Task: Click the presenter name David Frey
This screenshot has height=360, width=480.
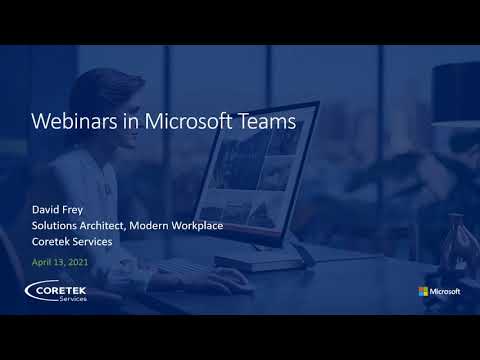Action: (59, 210)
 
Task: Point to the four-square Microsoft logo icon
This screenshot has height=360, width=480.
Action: (424, 291)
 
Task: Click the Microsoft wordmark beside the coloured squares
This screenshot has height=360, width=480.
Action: (446, 291)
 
